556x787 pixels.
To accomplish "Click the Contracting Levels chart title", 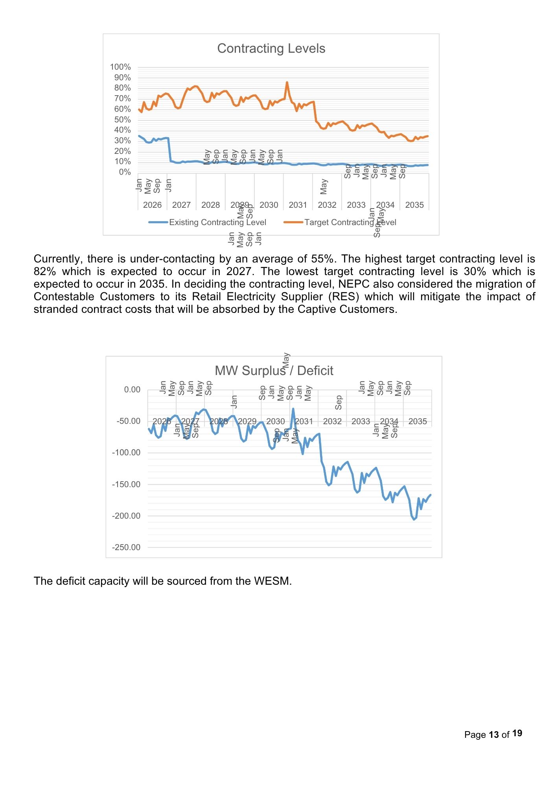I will tap(271, 48).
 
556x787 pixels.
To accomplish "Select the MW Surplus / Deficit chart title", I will tap(274, 371).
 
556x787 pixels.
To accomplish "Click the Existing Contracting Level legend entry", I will tap(217, 222).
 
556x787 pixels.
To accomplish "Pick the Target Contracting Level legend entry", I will tap(350, 222).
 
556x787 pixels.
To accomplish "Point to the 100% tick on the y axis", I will tap(120, 67).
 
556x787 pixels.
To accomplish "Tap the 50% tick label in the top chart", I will tap(122, 120).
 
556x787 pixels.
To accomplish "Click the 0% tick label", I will tap(125, 172).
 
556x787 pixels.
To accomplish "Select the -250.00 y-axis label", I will tap(126, 547).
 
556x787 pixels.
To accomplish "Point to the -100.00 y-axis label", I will tap(126, 453).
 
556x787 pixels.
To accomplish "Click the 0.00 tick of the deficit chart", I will tap(132, 390).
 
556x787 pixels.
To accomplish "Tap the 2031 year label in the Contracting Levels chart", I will tap(298, 205).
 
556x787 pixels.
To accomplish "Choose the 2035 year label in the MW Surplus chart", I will tap(418, 421).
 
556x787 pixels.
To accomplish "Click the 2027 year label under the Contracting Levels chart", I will tap(181, 205).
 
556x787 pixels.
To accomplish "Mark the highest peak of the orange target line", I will tap(287, 82).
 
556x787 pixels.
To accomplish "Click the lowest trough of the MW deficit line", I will tap(414, 519).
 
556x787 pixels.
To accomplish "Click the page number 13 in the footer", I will tap(494, 735).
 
